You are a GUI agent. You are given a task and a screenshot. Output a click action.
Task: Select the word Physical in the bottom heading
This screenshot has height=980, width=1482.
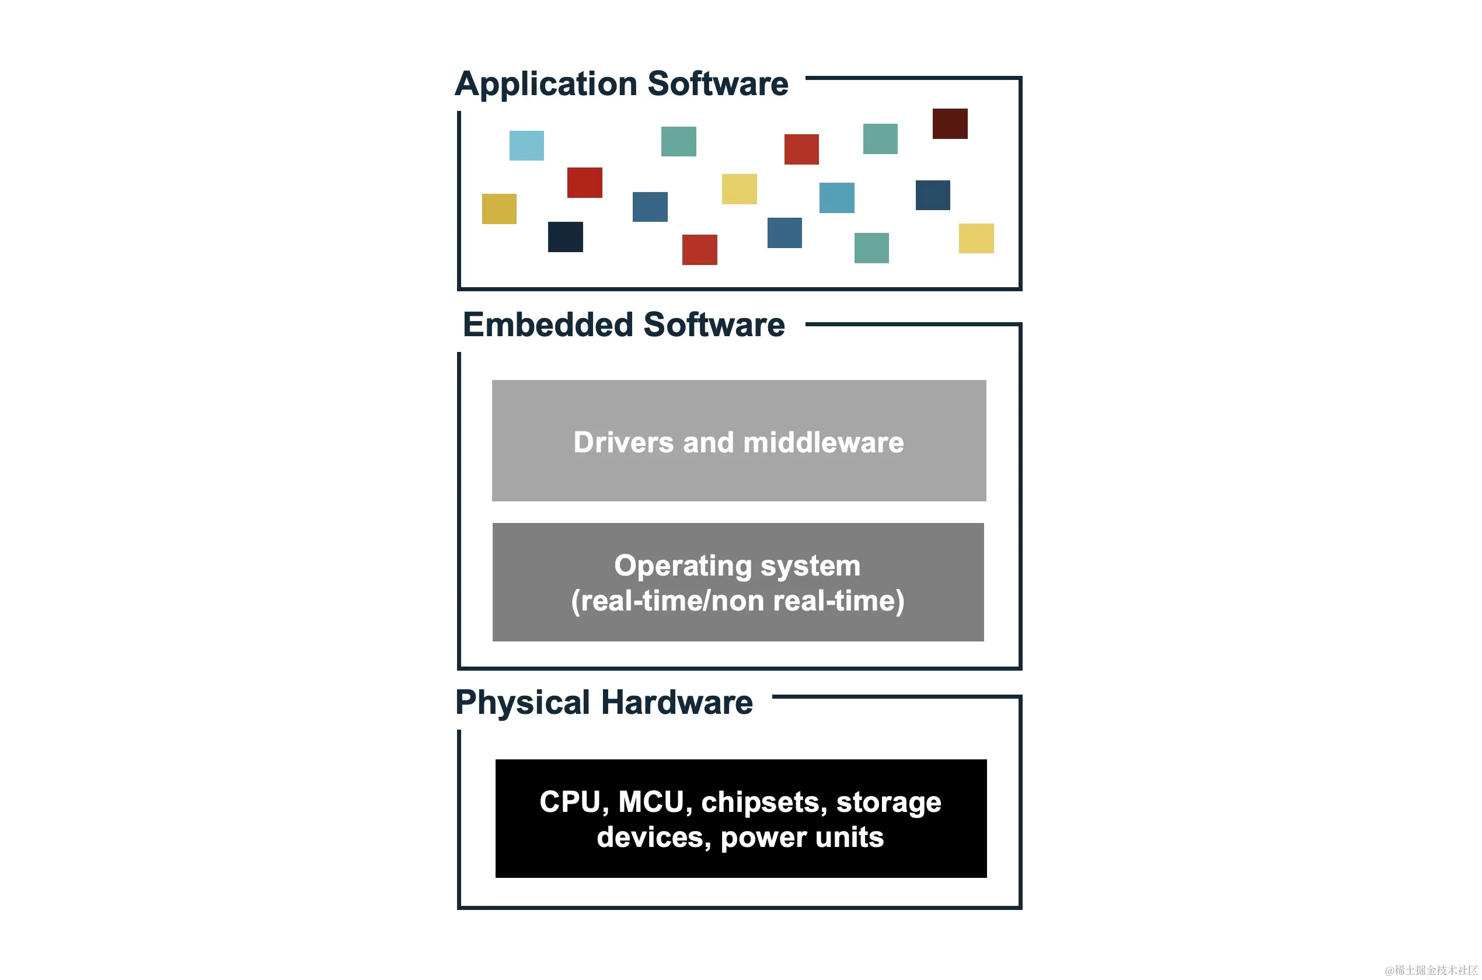522,703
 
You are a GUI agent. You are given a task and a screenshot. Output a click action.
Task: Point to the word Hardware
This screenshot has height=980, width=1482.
677,703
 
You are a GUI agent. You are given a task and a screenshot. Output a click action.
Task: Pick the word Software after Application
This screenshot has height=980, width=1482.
717,85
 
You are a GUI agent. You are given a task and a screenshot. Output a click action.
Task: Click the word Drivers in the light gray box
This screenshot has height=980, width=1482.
623,442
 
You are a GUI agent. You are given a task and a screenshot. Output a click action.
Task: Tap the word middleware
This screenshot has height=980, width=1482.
823,442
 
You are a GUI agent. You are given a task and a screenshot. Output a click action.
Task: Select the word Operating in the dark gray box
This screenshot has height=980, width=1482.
682,566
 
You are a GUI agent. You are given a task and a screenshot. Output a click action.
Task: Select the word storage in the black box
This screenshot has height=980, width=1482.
888,802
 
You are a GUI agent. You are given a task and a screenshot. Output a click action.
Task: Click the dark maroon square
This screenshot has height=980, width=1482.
950,124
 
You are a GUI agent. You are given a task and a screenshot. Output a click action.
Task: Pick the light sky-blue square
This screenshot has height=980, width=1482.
526,145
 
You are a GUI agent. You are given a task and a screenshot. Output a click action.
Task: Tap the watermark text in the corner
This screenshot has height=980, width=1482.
1431,970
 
